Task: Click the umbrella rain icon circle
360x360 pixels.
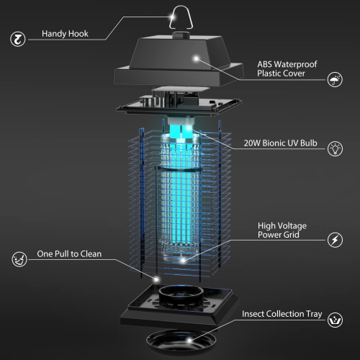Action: pyautogui.click(x=335, y=80)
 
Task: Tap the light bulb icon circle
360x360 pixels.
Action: pyautogui.click(x=335, y=149)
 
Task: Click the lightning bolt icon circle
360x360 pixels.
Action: pyautogui.click(x=335, y=239)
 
